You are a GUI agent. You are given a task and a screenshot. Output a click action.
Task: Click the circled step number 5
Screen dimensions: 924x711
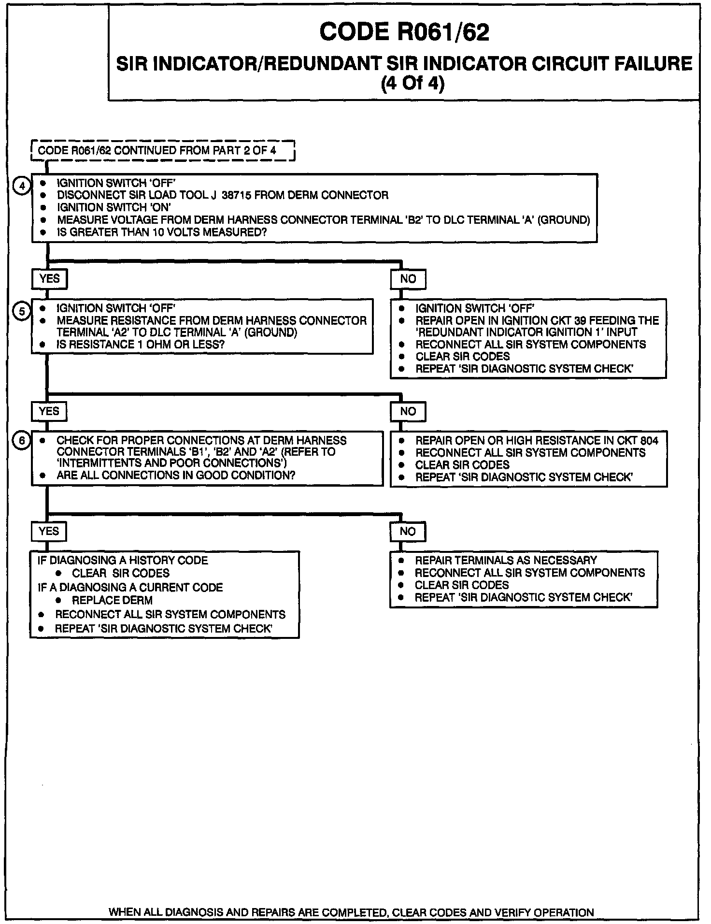coord(21,312)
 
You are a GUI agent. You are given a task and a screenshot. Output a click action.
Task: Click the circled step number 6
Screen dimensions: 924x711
coord(21,440)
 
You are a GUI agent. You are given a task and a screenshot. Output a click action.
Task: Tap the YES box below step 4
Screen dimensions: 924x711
coord(49,279)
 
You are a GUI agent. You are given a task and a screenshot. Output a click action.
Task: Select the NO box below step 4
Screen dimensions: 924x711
coord(408,279)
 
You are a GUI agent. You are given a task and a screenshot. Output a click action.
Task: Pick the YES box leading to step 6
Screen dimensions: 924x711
coord(49,411)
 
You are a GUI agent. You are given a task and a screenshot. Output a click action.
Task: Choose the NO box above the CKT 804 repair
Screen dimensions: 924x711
coord(408,411)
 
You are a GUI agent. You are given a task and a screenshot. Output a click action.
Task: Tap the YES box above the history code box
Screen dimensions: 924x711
coord(49,531)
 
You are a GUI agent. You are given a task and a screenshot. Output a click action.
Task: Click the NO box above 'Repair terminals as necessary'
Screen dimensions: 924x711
coord(408,531)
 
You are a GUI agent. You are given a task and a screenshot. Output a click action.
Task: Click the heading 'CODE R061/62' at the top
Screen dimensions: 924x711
coord(404,32)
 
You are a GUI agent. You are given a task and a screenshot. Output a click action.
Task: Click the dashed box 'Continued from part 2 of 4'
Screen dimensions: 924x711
coord(162,150)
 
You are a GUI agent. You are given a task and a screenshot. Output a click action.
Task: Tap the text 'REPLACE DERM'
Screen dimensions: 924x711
coord(112,600)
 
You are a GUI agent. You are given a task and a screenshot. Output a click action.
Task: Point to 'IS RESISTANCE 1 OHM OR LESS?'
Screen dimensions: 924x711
coord(141,345)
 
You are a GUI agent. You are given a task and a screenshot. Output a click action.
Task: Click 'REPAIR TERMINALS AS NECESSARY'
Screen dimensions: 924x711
coord(506,560)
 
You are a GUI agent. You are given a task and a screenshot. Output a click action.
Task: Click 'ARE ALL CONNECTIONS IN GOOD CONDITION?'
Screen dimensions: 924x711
coord(176,476)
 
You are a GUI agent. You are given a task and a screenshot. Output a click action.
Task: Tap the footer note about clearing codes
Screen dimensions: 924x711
coord(351,913)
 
